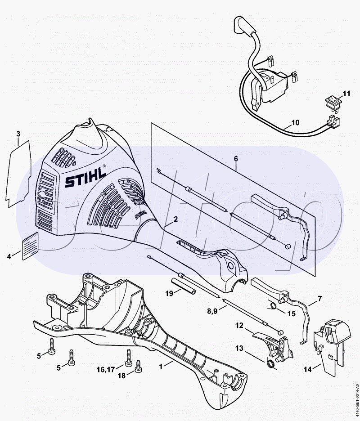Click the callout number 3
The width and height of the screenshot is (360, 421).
[18, 134]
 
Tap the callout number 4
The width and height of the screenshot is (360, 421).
[9, 257]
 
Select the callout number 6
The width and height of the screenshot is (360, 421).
[236, 159]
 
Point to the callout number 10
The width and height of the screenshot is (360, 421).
[295, 122]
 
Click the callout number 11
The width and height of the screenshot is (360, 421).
[346, 94]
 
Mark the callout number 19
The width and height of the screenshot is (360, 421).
[169, 293]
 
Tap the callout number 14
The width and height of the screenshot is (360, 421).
[308, 369]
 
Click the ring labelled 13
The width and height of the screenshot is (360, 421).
[271, 364]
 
